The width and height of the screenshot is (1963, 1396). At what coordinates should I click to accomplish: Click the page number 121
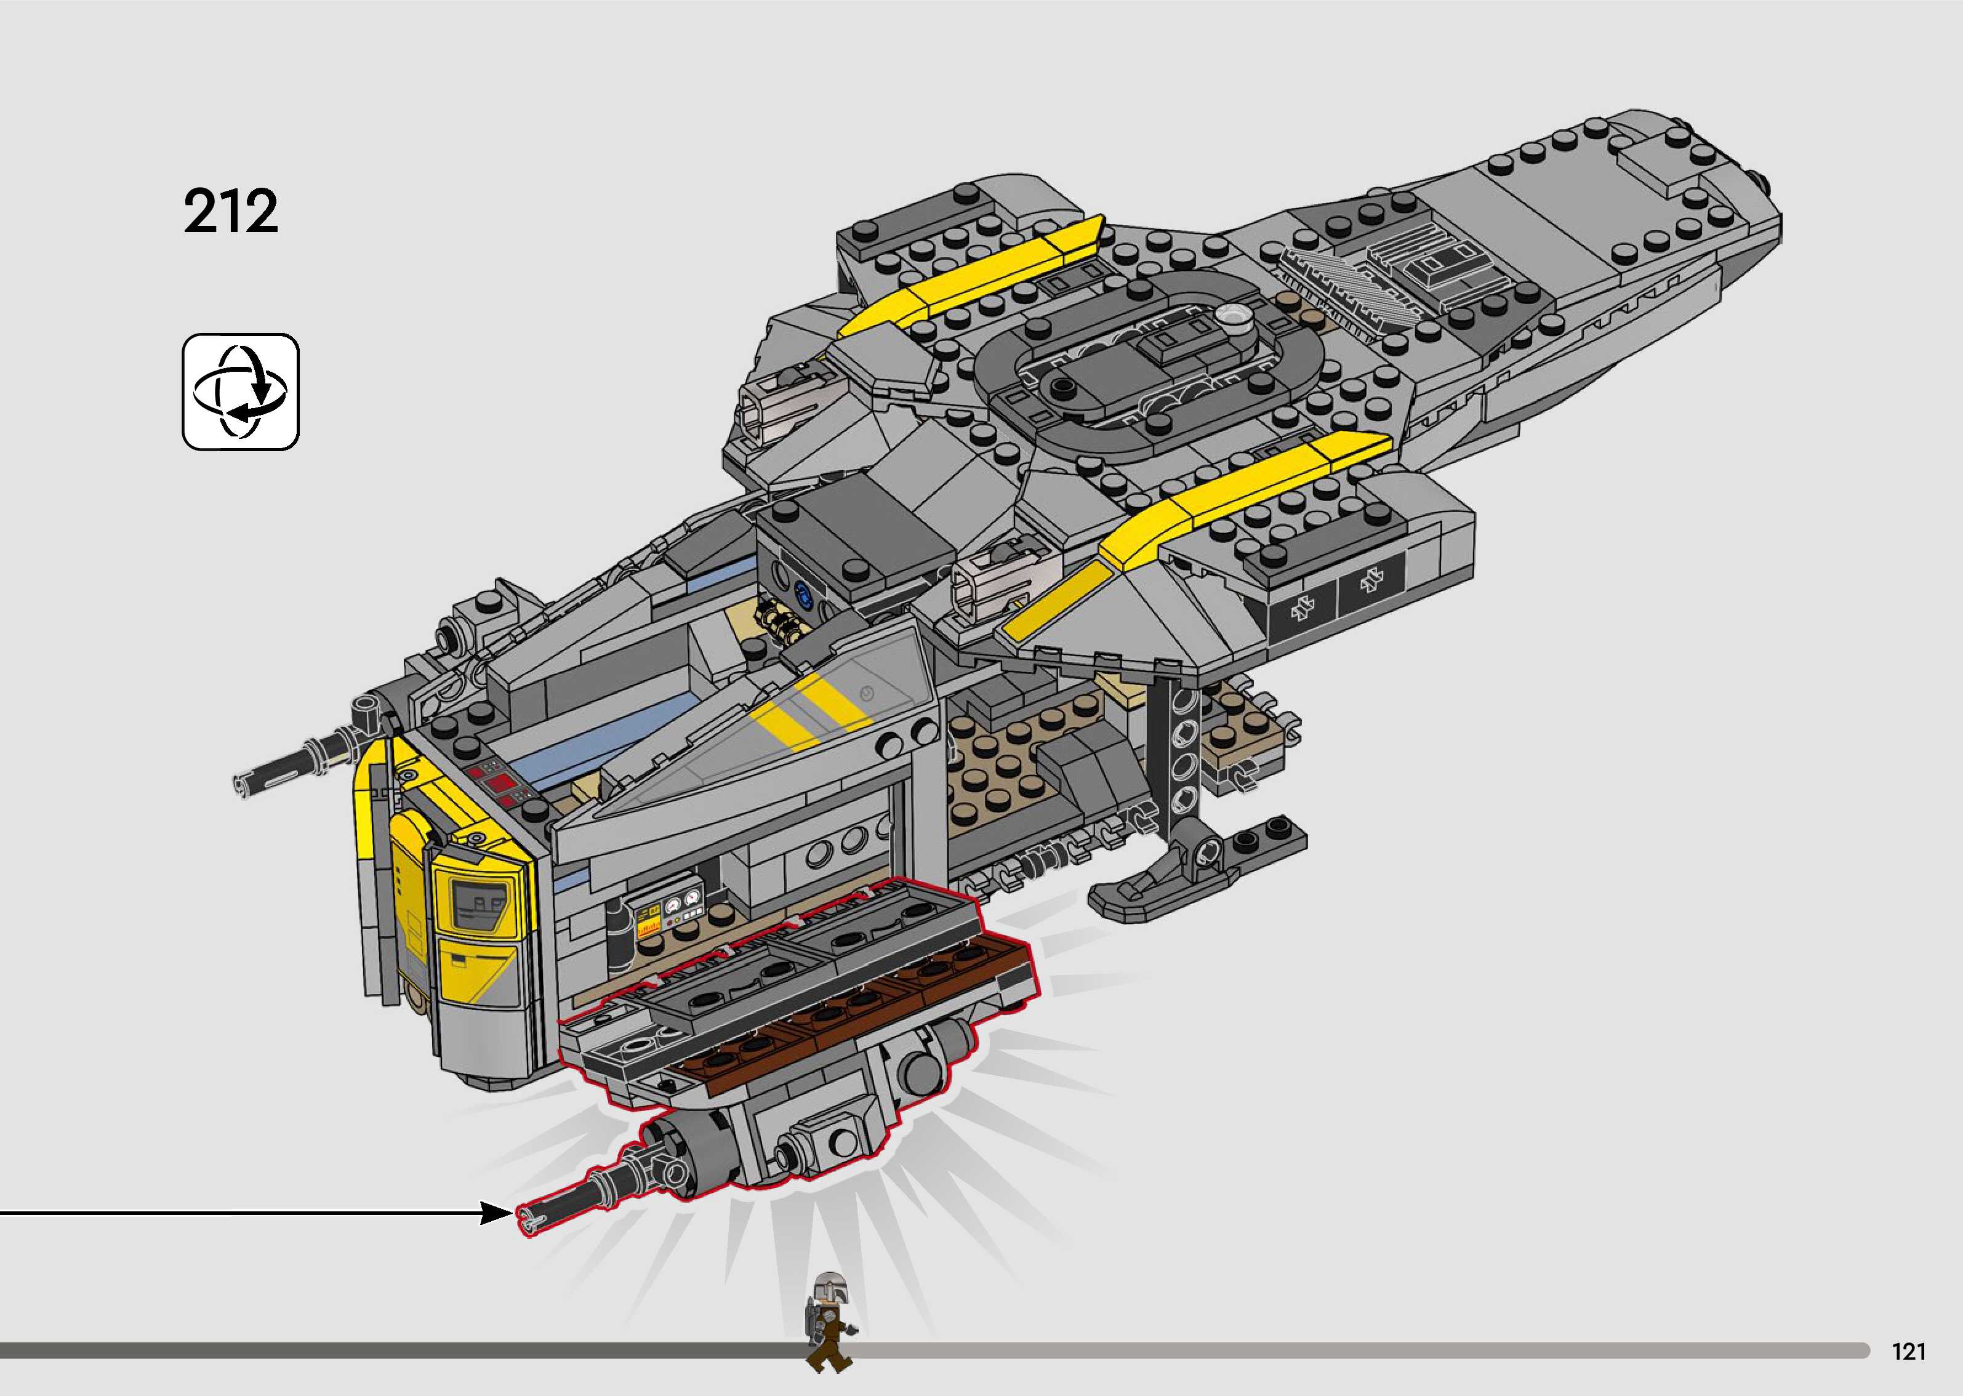(x=1909, y=1351)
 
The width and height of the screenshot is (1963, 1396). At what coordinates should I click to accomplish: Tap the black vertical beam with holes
(x=1182, y=748)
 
